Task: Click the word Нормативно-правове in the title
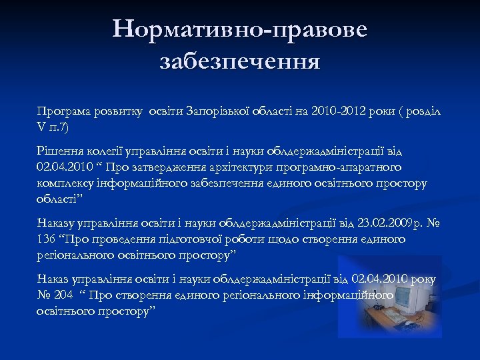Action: (240, 29)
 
